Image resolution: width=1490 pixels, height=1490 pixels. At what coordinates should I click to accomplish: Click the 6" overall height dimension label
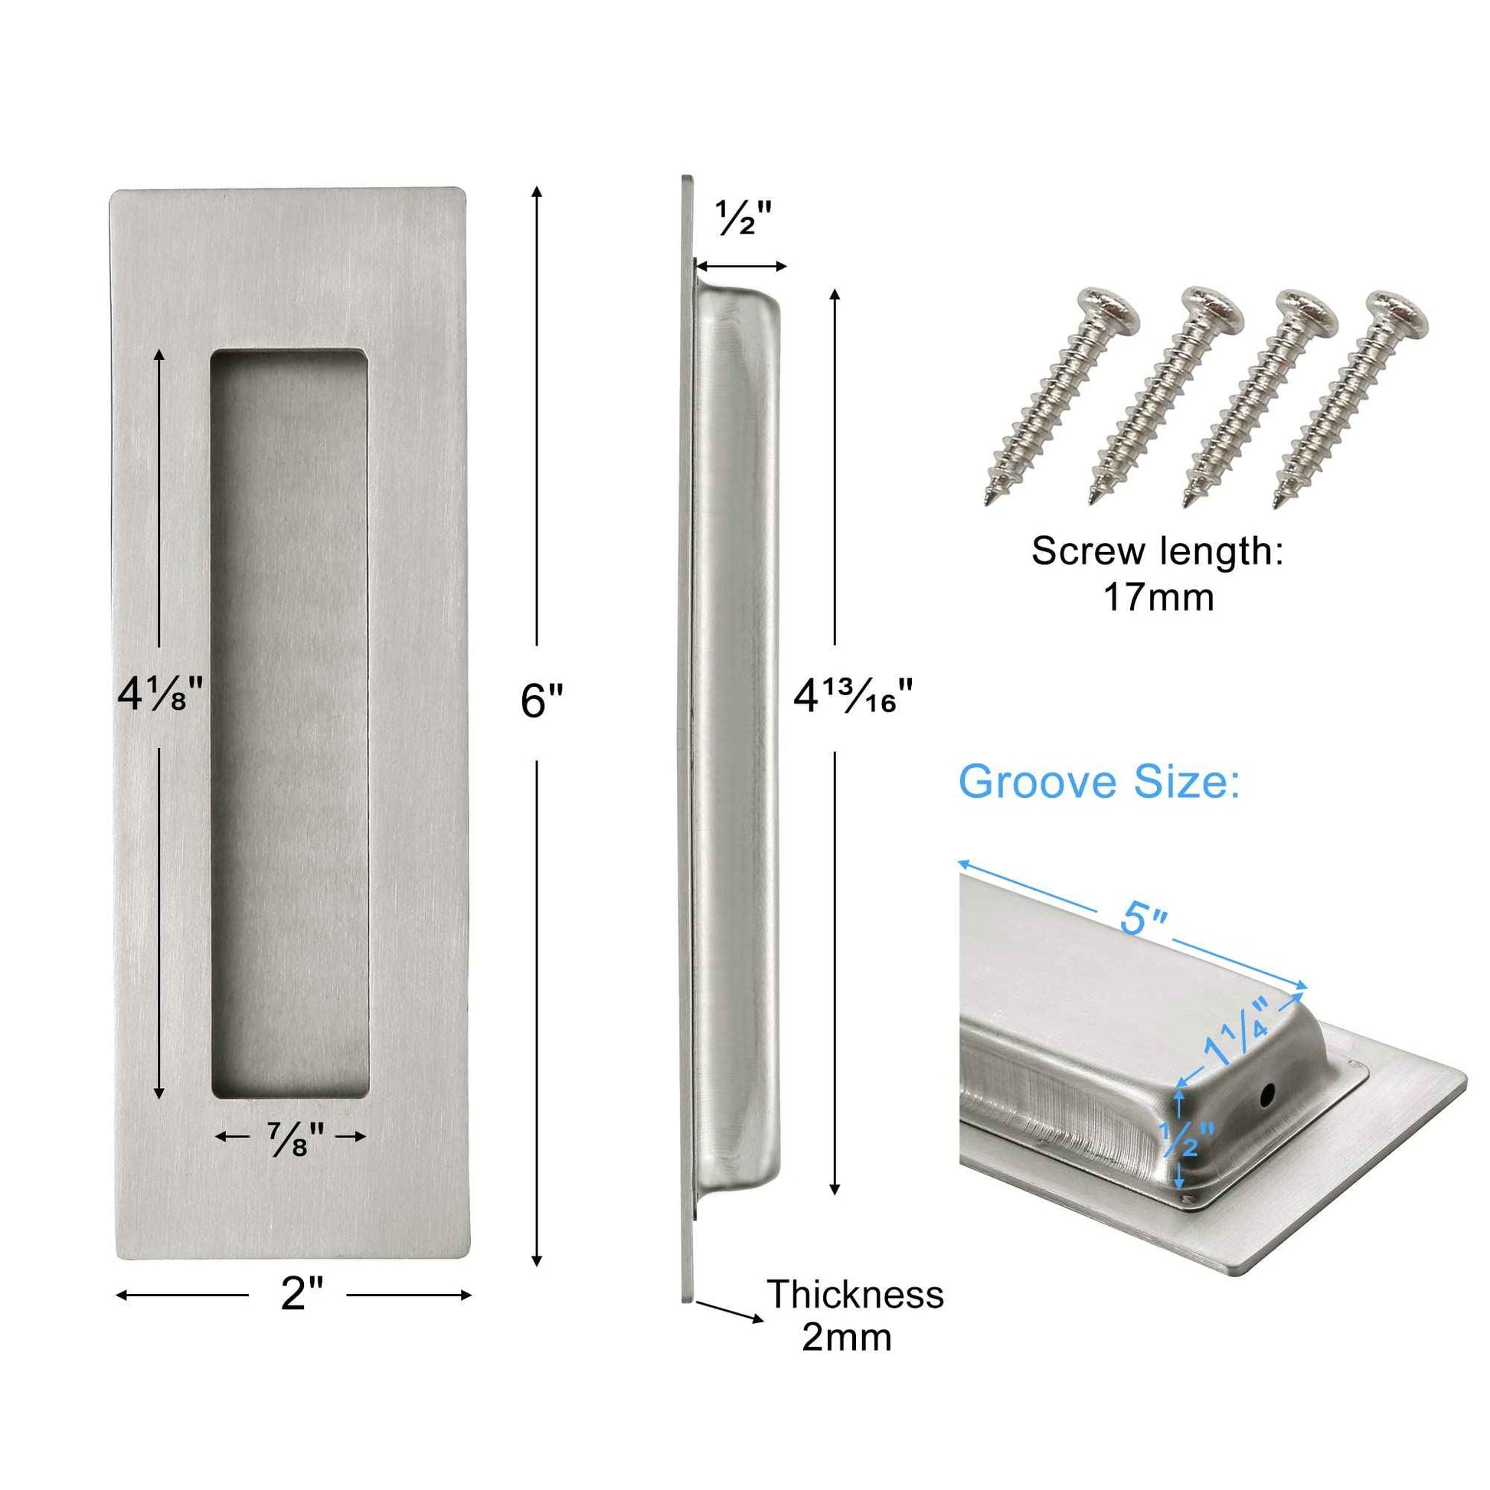tap(541, 701)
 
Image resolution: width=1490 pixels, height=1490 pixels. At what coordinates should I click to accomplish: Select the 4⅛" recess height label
tap(159, 693)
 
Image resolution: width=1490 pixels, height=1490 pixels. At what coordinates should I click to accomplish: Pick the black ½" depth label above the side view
tap(743, 218)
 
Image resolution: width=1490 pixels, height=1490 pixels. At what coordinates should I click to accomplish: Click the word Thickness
tap(854, 1294)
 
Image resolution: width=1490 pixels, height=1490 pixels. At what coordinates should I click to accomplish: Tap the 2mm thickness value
tap(846, 1338)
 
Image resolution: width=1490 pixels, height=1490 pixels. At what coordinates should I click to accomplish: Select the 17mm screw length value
tap(1158, 597)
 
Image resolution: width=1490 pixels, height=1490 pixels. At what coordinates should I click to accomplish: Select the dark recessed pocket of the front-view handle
tap(289, 725)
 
